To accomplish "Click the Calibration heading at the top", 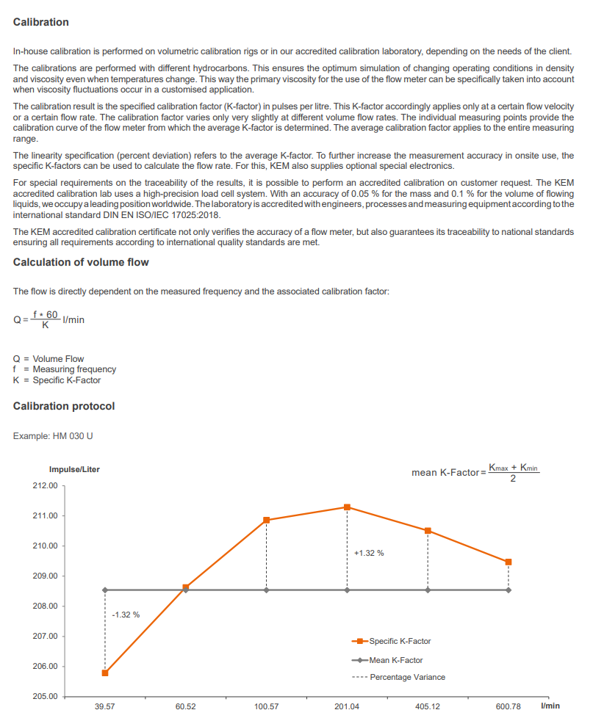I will [x=41, y=22].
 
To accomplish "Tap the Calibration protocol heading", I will [x=64, y=406].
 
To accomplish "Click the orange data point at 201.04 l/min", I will [x=347, y=507].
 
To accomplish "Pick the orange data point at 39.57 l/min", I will [x=105, y=673].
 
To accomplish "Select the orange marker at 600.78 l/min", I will [x=508, y=562].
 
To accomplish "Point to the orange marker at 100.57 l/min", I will [x=267, y=520].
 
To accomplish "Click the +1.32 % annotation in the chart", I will [x=368, y=553].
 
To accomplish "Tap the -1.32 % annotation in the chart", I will [x=126, y=615].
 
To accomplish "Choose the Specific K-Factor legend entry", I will [x=400, y=641].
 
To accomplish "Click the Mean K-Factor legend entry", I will [x=396, y=660].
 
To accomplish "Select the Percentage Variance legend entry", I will [x=407, y=677].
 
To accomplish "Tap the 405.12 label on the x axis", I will [x=428, y=706].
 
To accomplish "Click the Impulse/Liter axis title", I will [x=74, y=469].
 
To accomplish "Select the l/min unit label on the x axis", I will [x=550, y=706].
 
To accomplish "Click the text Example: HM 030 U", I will [x=53, y=436].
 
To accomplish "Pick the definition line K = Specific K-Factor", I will [x=57, y=380].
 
